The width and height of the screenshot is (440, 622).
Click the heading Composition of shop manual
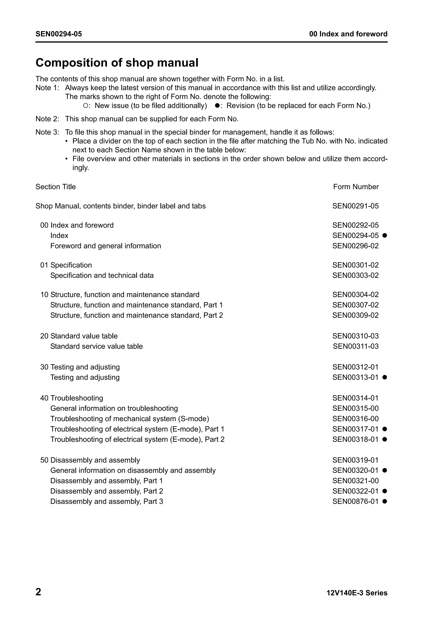click(117, 63)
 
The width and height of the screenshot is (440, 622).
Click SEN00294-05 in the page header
click(59, 34)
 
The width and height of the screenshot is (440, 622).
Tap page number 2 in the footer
click(38, 592)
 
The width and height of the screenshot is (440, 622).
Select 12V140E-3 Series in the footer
click(357, 593)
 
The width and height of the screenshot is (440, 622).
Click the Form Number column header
click(356, 187)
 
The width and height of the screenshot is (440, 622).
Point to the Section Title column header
click(56, 187)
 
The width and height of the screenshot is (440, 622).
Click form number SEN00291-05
click(355, 206)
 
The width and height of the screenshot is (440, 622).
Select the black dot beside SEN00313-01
click(384, 377)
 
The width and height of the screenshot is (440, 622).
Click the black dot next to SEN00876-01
click(384, 501)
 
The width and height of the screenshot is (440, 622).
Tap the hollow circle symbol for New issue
click(85, 106)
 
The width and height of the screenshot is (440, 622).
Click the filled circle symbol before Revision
click(217, 106)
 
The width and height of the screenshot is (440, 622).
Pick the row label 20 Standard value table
click(79, 336)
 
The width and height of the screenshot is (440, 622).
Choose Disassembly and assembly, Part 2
click(107, 491)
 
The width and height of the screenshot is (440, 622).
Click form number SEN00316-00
click(355, 419)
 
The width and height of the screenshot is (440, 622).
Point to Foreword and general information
click(105, 246)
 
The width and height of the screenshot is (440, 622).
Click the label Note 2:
click(47, 119)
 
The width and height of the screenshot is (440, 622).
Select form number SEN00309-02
click(355, 315)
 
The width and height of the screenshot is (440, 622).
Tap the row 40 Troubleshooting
click(72, 398)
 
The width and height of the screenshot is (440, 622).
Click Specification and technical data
click(102, 275)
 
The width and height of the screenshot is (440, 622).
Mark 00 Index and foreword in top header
click(348, 34)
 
